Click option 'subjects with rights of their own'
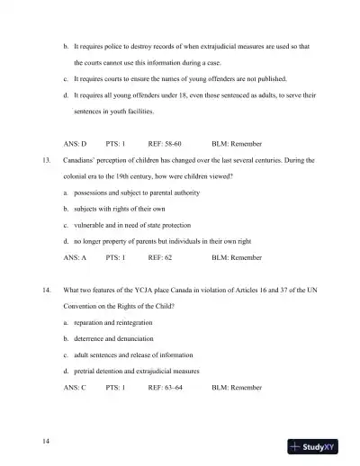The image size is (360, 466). pyautogui.click(x=123, y=209)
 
